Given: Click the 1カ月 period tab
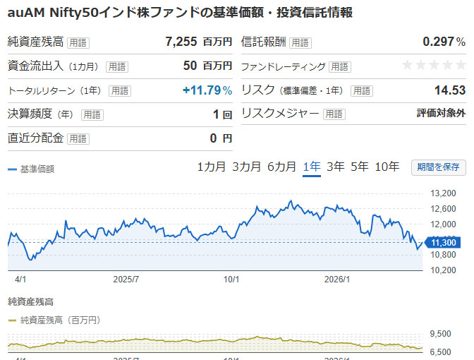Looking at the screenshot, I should [212, 167].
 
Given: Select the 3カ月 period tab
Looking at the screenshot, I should [246, 167].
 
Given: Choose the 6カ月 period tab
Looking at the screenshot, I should [281, 167].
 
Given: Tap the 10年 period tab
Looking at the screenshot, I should [387, 167].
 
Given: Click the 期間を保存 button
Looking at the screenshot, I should [439, 167].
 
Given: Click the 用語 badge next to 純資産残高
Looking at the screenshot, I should [78, 42].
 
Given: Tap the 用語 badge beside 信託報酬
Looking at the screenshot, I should [300, 42].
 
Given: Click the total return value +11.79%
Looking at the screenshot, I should [207, 90].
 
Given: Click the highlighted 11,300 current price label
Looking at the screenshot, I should [443, 242].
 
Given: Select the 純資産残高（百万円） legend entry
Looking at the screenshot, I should [59, 320].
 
